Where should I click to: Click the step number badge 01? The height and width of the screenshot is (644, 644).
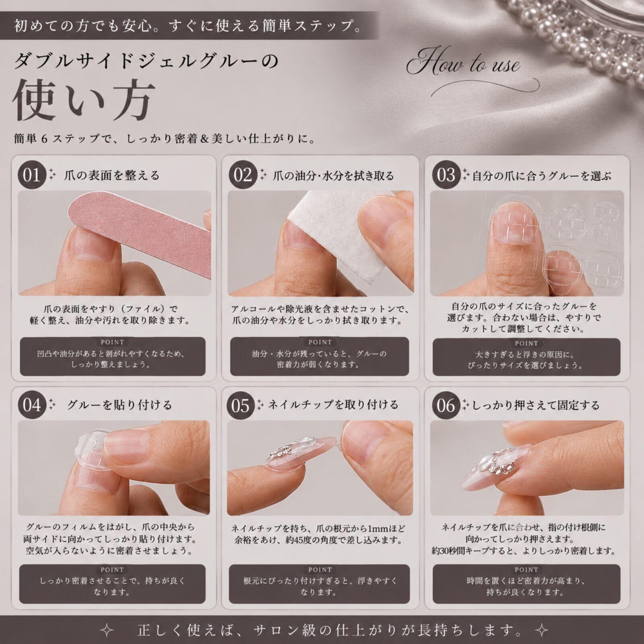pos(31,175)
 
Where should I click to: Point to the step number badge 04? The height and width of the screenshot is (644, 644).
pos(31,405)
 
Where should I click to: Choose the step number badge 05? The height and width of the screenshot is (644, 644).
pos(241,405)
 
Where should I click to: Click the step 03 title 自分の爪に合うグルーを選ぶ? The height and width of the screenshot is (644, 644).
pos(542,176)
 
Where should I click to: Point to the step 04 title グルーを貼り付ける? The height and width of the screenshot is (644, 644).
pos(120,405)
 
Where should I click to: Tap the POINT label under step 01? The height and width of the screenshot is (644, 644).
pos(112,342)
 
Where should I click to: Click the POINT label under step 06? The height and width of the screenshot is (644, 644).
pos(526,570)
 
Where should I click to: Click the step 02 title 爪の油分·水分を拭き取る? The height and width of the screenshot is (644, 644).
pos(333,176)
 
